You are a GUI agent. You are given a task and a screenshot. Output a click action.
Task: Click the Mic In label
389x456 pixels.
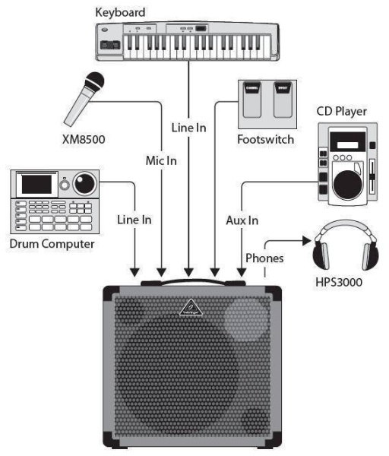click(161, 160)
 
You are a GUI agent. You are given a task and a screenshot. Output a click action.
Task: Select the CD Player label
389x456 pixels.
click(341, 112)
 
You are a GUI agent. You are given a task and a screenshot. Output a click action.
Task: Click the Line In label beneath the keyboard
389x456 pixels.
click(188, 128)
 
